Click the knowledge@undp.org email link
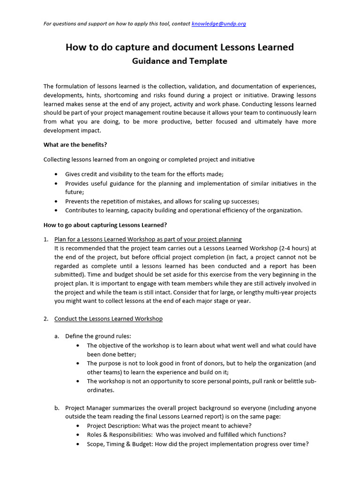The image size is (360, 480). coord(218,24)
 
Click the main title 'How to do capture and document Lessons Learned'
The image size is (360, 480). coord(180,47)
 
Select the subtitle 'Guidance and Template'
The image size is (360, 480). coord(180,61)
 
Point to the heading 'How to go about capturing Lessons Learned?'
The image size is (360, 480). coord(105,225)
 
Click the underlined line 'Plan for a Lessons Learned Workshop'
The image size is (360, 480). coord(148,239)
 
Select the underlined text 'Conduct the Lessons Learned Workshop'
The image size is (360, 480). coord(108,319)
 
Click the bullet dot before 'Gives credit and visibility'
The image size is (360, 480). coord(57,174)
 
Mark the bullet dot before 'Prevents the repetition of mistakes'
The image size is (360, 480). coord(57,201)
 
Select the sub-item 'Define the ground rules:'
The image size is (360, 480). coord(98,336)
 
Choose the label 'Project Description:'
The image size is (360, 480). coord(113,426)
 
